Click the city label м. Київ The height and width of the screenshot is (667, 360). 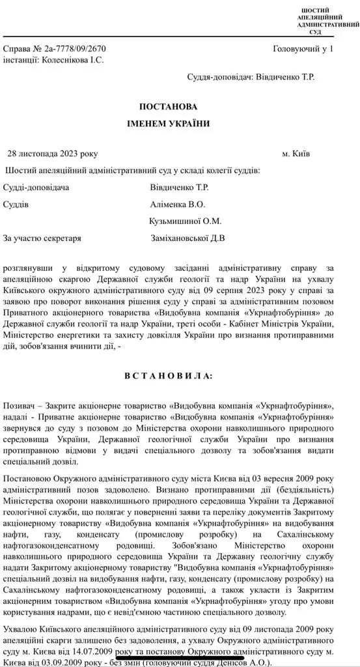[x=296, y=154]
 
